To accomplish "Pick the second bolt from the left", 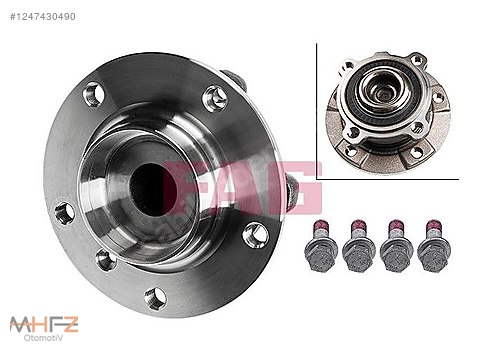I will tap(357, 245).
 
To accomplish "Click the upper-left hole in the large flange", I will tap(93, 96).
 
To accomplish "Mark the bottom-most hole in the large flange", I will tap(154, 297).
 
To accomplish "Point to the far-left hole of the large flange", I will tap(64, 212).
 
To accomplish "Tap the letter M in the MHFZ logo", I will tap(17, 323).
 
